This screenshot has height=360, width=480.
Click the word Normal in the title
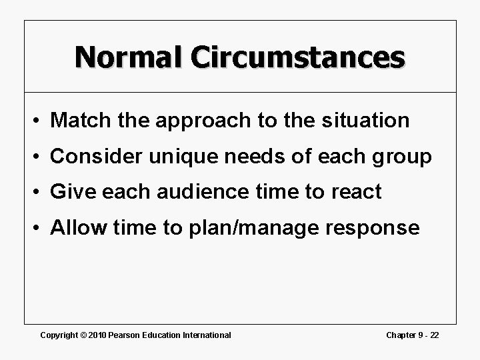click(129, 57)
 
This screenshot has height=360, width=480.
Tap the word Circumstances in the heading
click(297, 57)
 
